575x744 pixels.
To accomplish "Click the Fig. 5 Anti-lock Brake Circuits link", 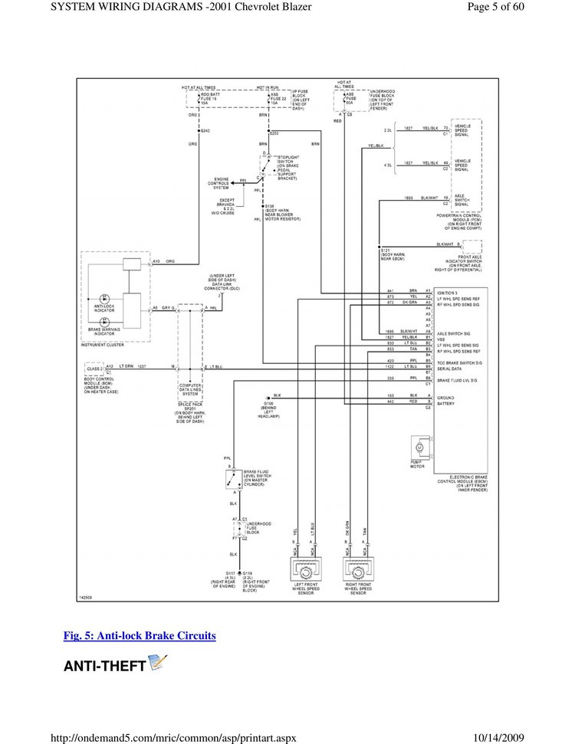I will point(139,636).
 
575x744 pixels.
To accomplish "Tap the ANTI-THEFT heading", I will point(104,666).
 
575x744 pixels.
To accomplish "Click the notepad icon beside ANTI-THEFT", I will point(158,663).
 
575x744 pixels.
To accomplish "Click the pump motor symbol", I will point(419,446).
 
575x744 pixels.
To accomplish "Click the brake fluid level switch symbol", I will point(232,480).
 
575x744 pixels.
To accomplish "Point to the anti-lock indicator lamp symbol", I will point(105,297).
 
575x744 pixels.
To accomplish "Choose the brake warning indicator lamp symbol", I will point(105,323).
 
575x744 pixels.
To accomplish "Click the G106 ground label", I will point(268,405).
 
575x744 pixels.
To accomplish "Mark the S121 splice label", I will point(393,252).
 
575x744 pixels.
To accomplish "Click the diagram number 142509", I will point(87,597).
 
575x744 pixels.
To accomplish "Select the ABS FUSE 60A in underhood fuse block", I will point(350,98).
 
